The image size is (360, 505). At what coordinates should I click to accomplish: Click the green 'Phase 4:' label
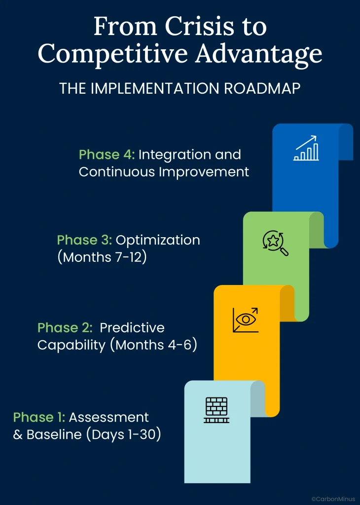tap(107, 155)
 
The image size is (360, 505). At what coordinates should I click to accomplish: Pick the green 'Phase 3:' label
tap(84, 240)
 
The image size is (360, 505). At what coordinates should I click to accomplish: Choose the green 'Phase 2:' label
tap(65, 327)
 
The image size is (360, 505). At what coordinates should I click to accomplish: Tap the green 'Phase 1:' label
tap(39, 417)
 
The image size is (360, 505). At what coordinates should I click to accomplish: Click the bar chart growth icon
tap(306, 149)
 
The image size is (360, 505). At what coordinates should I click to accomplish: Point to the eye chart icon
tap(246, 320)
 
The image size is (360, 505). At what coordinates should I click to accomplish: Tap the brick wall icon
tap(216, 410)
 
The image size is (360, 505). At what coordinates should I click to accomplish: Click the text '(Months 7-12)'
tap(102, 257)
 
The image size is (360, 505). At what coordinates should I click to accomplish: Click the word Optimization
tap(158, 240)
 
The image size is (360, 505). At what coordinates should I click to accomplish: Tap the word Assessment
tap(108, 417)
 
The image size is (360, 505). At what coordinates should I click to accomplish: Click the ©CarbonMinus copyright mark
tap(333, 499)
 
